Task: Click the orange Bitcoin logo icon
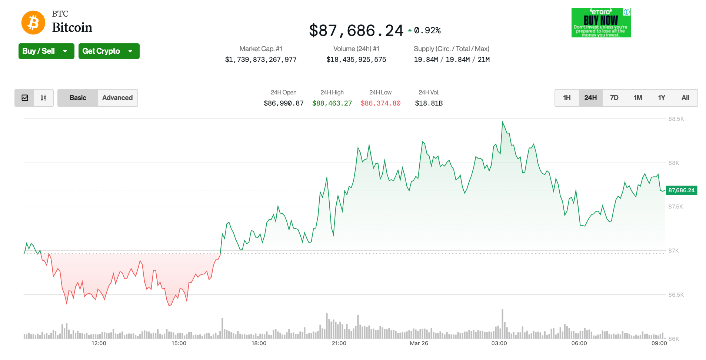click(x=33, y=23)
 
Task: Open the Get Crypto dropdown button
click(x=109, y=51)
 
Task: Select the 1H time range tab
click(x=567, y=98)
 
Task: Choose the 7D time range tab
click(x=614, y=98)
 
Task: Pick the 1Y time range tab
click(x=662, y=98)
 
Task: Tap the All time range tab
click(x=685, y=98)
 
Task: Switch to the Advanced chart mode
click(x=117, y=98)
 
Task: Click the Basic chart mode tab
click(x=78, y=98)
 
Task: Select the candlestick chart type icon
click(x=44, y=98)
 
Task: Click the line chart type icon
click(x=25, y=98)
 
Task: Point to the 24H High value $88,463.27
click(x=332, y=103)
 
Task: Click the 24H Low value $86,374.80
click(x=380, y=103)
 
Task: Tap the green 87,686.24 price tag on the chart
click(x=681, y=190)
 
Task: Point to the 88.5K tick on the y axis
click(x=676, y=119)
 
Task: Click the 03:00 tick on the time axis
click(x=499, y=343)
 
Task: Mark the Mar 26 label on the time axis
click(x=419, y=343)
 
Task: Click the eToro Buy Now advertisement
click(x=601, y=23)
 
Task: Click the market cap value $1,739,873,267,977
click(x=261, y=60)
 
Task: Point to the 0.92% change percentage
click(x=427, y=30)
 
